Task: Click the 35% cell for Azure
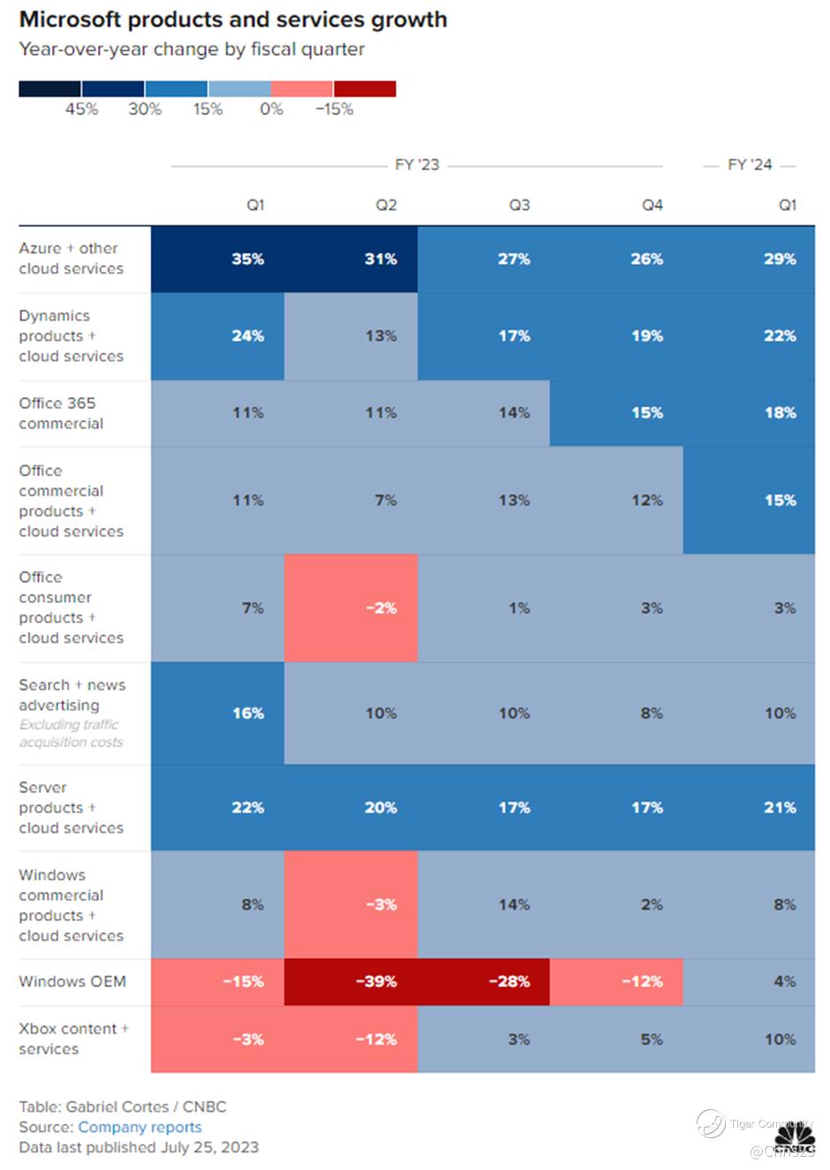247,259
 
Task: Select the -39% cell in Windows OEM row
376,981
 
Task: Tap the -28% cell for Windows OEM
509,981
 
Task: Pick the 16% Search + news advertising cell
248,713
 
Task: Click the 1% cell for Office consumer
519,608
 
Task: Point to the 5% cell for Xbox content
652,1039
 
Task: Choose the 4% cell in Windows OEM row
784,981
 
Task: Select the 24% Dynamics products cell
248,336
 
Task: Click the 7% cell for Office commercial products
386,500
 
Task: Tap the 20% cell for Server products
381,807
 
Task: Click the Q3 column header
519,205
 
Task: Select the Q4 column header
652,205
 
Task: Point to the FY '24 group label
750,165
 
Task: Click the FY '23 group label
417,165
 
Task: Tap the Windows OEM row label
72,981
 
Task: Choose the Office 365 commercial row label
61,413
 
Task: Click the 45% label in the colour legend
81,109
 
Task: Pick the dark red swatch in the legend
365,88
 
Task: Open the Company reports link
140,1127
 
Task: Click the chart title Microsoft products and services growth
233,19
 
